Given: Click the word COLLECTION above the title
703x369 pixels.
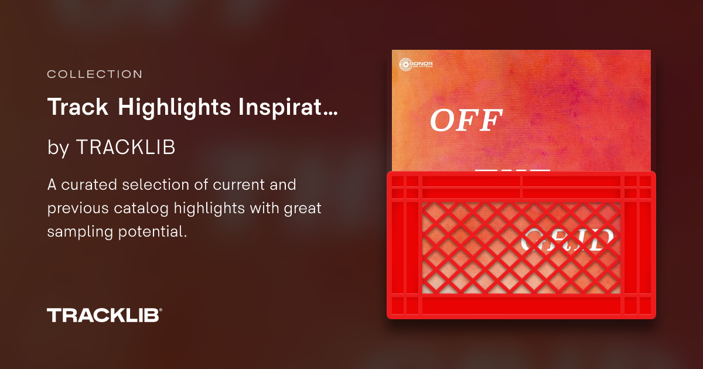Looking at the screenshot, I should pos(94,75).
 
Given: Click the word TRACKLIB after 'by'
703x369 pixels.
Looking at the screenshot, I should pos(125,148).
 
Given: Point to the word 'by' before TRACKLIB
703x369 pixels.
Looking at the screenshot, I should pos(58,148).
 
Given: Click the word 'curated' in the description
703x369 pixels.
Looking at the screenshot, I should pos(92,185).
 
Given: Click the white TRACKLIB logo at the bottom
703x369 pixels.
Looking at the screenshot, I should pos(103,315).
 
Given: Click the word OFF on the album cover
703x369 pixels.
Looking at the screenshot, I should pos(467,121).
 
